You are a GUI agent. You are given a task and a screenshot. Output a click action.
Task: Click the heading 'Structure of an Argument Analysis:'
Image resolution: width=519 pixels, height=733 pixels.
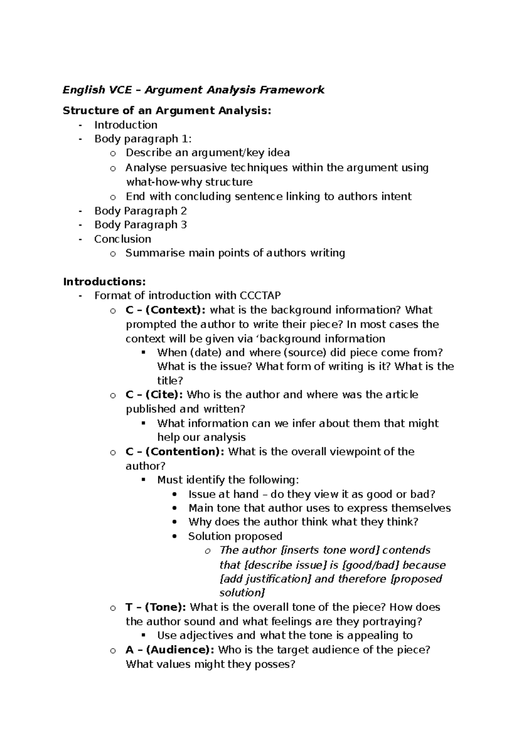tap(167, 111)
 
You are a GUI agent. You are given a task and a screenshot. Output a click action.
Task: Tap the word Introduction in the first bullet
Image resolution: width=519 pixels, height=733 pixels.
tap(126, 125)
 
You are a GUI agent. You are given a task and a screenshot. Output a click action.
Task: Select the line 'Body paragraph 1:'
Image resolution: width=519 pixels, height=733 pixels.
tap(143, 139)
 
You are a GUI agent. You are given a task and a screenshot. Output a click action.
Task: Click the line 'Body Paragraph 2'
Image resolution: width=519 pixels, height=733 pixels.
tap(141, 211)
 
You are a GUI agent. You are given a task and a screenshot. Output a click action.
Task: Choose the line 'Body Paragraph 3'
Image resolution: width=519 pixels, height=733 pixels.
tap(141, 225)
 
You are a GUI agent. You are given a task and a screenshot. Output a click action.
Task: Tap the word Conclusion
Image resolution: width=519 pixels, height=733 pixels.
tap(123, 239)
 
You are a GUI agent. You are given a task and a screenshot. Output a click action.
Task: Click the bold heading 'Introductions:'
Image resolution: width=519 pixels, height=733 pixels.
tap(104, 282)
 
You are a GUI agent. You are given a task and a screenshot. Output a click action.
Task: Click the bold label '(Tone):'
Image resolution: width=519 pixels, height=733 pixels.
tap(166, 607)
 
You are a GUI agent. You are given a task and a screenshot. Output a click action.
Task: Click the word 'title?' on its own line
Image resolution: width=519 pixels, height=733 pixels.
tap(170, 381)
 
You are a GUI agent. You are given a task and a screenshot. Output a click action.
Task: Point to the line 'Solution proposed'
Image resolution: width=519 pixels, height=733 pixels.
tap(235, 536)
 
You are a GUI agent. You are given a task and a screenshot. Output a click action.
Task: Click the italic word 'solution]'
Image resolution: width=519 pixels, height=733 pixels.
tap(242, 593)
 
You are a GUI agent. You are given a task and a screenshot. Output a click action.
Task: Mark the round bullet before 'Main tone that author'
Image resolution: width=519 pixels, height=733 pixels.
tap(175, 508)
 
